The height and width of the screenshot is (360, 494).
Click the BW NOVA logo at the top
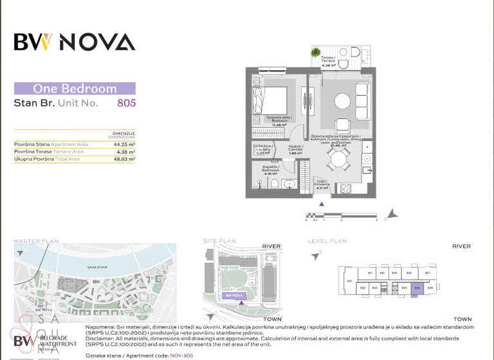75,42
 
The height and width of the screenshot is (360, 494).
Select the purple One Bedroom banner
75,89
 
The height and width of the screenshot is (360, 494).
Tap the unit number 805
126,102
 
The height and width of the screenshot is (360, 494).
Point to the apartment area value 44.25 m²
124,145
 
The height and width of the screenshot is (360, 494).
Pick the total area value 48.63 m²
124,159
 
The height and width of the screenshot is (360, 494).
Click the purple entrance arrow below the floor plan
322,204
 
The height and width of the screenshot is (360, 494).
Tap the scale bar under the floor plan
341,215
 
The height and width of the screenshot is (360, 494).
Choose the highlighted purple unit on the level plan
418,288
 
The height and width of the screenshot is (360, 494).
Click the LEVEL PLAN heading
328,241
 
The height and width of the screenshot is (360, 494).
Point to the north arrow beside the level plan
315,255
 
